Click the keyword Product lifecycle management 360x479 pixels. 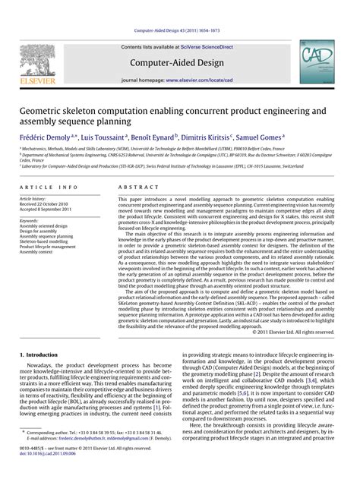point(48,247)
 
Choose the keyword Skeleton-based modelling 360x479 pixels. point(45,236)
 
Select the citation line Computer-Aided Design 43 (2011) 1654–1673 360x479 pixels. point(179,30)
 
